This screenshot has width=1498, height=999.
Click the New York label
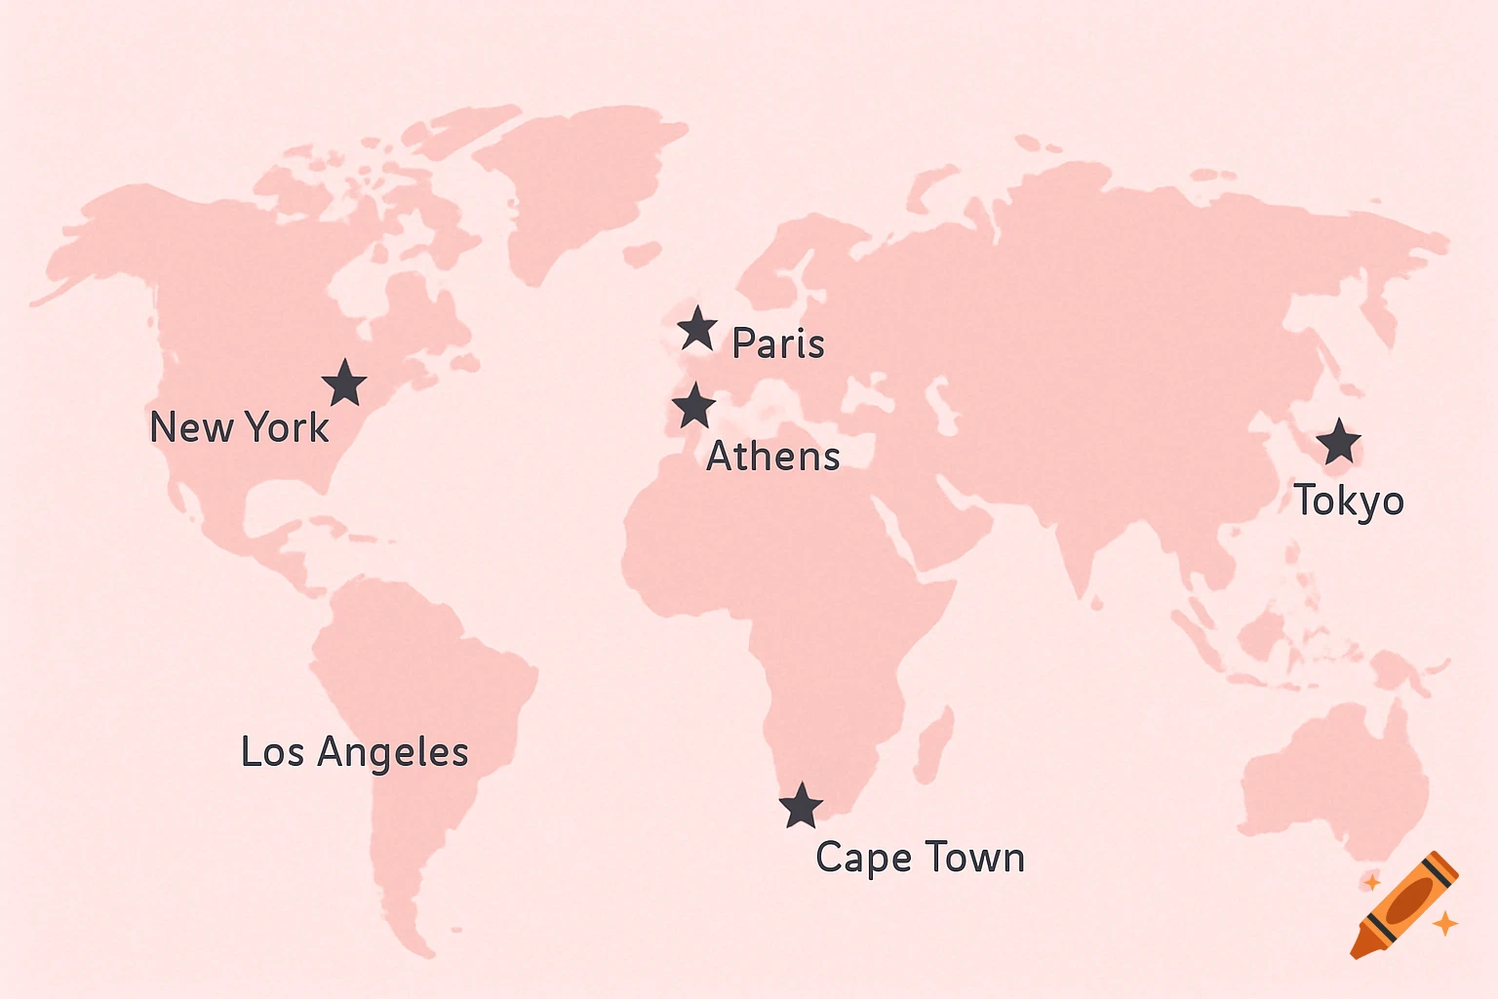[239, 427]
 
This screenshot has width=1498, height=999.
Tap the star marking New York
[344, 382]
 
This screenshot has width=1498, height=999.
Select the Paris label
[778, 343]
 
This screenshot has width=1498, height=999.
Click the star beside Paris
[697, 329]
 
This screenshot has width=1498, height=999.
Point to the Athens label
[773, 456]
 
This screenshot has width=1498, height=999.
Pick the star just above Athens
[693, 406]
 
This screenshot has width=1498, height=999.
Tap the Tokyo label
[1349, 500]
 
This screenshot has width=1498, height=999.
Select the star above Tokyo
[1339, 442]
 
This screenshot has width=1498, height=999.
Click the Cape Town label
[920, 858]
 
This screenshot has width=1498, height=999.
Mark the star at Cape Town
[801, 806]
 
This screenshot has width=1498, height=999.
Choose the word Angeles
[393, 753]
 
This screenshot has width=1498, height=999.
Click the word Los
[272, 752]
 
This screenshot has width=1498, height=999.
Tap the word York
[287, 427]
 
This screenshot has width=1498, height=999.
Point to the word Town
[974, 858]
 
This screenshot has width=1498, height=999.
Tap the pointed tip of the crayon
[1357, 951]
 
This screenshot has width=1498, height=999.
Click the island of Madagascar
[934, 743]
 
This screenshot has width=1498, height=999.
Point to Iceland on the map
[643, 255]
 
